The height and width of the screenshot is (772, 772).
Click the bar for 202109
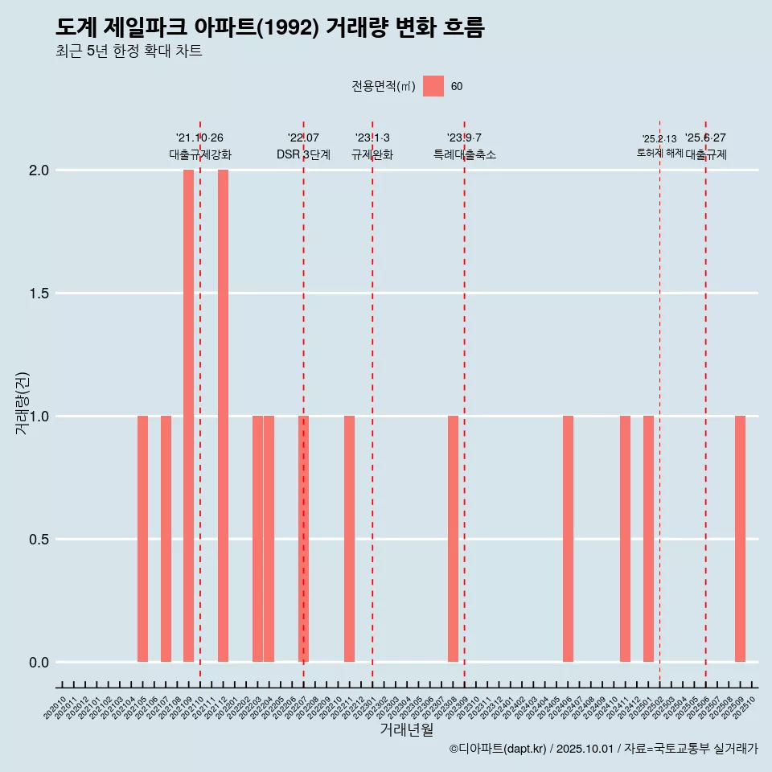coord(188,416)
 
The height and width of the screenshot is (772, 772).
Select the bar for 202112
coord(223,416)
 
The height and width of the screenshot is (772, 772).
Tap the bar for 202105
coord(142,539)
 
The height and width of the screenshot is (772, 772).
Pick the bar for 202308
coord(453,539)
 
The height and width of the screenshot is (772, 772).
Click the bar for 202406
coord(568,539)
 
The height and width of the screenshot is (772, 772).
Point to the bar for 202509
coord(740,539)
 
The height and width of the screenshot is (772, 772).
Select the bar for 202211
coord(349,539)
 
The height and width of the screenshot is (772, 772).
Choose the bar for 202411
coord(625,539)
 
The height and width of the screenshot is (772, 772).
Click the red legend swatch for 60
coord(433,86)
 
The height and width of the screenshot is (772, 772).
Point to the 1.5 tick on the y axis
coord(39,294)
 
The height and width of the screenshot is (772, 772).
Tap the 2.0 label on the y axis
coord(39,170)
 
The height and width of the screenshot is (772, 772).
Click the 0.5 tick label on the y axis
coord(39,540)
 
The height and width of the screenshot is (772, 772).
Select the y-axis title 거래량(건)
coord(23,402)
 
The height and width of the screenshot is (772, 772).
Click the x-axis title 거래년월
coord(406,729)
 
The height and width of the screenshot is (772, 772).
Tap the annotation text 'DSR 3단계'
coord(303,154)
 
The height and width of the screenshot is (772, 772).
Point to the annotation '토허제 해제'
coord(659,153)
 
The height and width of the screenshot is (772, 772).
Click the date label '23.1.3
coord(372,138)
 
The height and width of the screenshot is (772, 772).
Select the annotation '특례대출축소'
coord(465,154)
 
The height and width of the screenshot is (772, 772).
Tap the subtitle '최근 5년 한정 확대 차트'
coord(129,51)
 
